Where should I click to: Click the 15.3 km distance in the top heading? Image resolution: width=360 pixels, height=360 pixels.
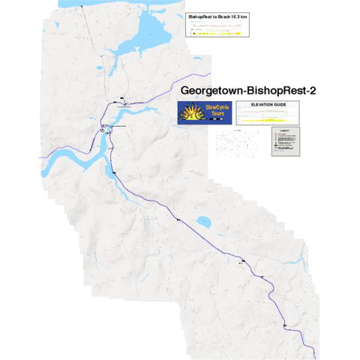tap(232, 15)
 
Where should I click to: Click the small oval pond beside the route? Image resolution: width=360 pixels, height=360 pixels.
tap(202, 223)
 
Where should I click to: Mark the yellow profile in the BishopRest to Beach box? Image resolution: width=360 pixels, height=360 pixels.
tap(217, 33)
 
